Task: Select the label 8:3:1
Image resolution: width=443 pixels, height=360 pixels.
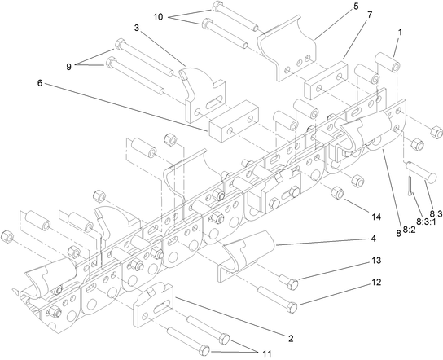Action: pyautogui.click(x=423, y=221)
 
